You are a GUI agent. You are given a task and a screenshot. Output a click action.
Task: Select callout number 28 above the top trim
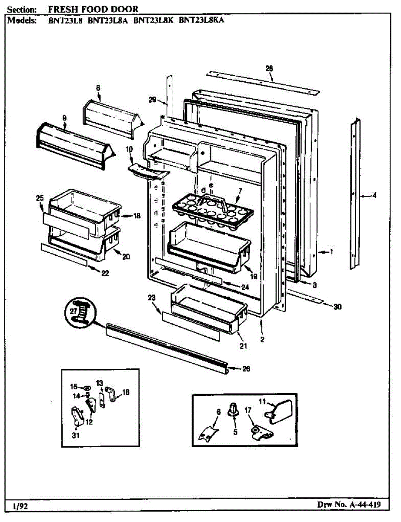pyautogui.click(x=269, y=68)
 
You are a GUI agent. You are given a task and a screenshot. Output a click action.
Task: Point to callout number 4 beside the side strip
pyautogui.click(x=374, y=195)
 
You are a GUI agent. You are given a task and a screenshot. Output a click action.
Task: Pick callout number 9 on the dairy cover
pyautogui.click(x=64, y=118)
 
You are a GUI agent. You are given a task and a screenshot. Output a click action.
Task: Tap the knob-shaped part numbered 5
pyautogui.click(x=234, y=409)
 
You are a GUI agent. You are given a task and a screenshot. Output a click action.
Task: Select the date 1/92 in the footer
pyautogui.click(x=21, y=506)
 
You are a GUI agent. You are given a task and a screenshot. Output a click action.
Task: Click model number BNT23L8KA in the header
pyautogui.click(x=201, y=20)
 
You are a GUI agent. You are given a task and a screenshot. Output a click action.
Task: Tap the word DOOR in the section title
pyautogui.click(x=124, y=9)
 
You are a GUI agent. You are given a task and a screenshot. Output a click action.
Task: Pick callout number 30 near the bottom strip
pyautogui.click(x=338, y=307)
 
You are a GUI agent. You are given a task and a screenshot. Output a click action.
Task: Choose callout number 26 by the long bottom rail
pyautogui.click(x=246, y=369)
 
